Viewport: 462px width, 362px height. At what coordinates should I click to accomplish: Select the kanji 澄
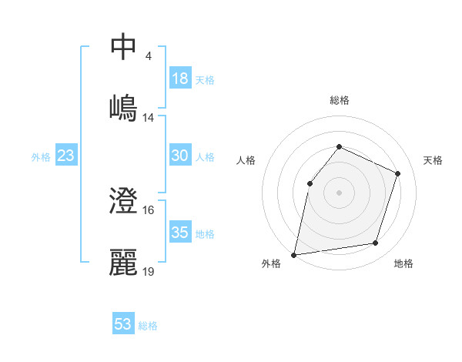(x=123, y=202)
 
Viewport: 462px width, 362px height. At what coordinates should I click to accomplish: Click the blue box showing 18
(x=180, y=78)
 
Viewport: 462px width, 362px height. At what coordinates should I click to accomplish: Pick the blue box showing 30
(x=180, y=156)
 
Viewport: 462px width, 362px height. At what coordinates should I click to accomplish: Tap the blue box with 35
(x=180, y=233)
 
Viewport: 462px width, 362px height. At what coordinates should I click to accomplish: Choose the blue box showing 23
(x=66, y=156)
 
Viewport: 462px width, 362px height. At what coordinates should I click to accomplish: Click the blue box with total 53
(x=123, y=324)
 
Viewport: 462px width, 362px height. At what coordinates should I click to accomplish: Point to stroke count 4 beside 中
(x=148, y=56)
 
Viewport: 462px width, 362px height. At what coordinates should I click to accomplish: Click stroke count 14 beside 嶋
(x=149, y=118)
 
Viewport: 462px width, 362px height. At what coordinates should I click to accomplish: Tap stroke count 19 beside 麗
(x=149, y=273)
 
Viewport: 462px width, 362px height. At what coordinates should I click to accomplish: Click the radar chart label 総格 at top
(x=339, y=100)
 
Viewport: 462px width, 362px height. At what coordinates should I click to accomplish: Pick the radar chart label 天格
(x=434, y=160)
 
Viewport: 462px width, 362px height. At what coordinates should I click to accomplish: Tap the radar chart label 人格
(x=246, y=160)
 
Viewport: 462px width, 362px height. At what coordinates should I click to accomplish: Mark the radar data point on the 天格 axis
(x=398, y=173)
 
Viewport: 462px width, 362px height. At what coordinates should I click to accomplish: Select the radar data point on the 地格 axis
(x=376, y=243)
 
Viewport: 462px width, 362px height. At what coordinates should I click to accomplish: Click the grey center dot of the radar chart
(x=339, y=192)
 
